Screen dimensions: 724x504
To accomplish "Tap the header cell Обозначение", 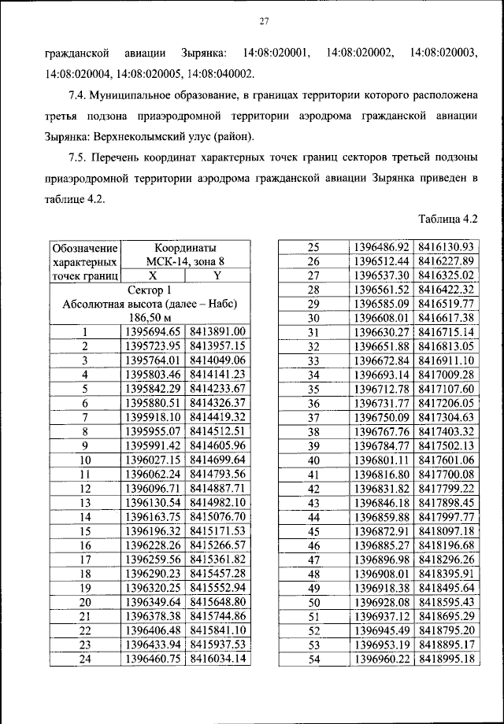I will pos(85,248).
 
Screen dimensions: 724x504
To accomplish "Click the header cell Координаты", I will pos(184,248).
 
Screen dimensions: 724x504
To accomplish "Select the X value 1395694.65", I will pos(153,332).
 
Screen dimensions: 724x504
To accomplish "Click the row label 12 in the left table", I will pos(85,488).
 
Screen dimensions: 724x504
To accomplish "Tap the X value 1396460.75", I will pos(153,658).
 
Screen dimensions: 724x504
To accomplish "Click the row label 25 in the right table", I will pos(313,247).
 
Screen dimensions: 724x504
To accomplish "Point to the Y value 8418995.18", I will pos(446,658).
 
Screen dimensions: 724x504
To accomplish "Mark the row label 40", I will pos(313,460).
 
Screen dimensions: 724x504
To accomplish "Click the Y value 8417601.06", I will pos(446,460).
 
